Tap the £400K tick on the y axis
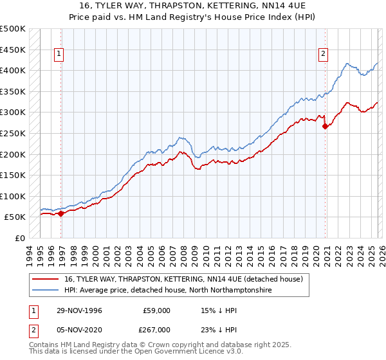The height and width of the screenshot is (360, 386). [x=13, y=70]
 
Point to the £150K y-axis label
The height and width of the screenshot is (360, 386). [x=13, y=175]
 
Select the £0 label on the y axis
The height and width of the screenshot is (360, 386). [x=19, y=238]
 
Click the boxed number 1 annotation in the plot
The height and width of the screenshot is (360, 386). [x=59, y=54]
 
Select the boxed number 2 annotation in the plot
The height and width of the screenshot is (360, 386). [x=322, y=54]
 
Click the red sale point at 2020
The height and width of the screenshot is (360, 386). [x=325, y=126]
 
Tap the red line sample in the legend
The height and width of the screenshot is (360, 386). [x=47, y=278]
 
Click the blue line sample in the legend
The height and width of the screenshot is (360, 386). [x=47, y=290]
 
